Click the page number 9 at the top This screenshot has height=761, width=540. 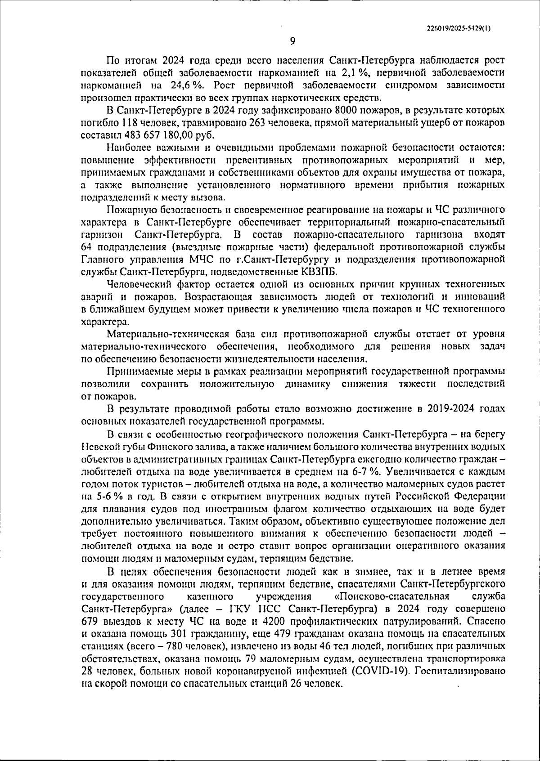292,41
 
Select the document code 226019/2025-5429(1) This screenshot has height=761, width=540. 459,28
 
